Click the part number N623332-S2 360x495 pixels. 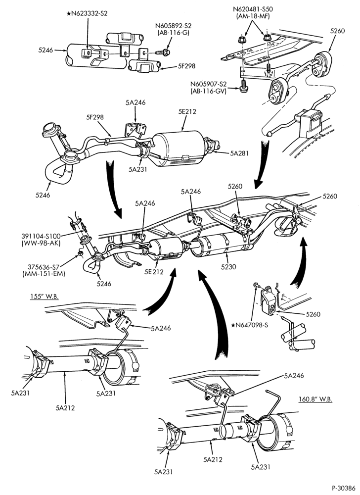(x=89, y=13)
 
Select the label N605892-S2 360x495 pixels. (x=173, y=26)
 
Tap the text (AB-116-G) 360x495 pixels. (x=173, y=33)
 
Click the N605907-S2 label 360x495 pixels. (x=208, y=84)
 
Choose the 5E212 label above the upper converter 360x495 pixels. (x=186, y=111)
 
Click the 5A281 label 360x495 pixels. (x=239, y=153)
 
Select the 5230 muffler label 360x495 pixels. (x=228, y=267)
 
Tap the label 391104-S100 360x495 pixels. (x=41, y=236)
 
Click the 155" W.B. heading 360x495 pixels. (x=45, y=297)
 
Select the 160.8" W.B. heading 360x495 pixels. (x=315, y=399)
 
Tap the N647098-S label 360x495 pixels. (x=249, y=324)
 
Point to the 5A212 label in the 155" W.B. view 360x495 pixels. (x=65, y=407)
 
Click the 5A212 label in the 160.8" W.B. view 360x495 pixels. (x=213, y=459)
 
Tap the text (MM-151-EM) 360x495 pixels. (x=44, y=274)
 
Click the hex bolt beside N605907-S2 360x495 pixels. (x=243, y=86)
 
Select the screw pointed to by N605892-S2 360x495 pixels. (x=163, y=52)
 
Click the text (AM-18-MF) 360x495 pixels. (x=253, y=16)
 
